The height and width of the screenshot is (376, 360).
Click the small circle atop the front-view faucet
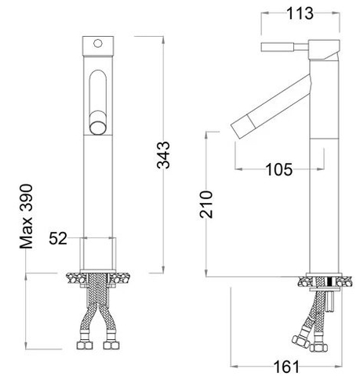coord(98,42)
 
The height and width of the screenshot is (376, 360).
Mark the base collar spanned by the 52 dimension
coord(98,255)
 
